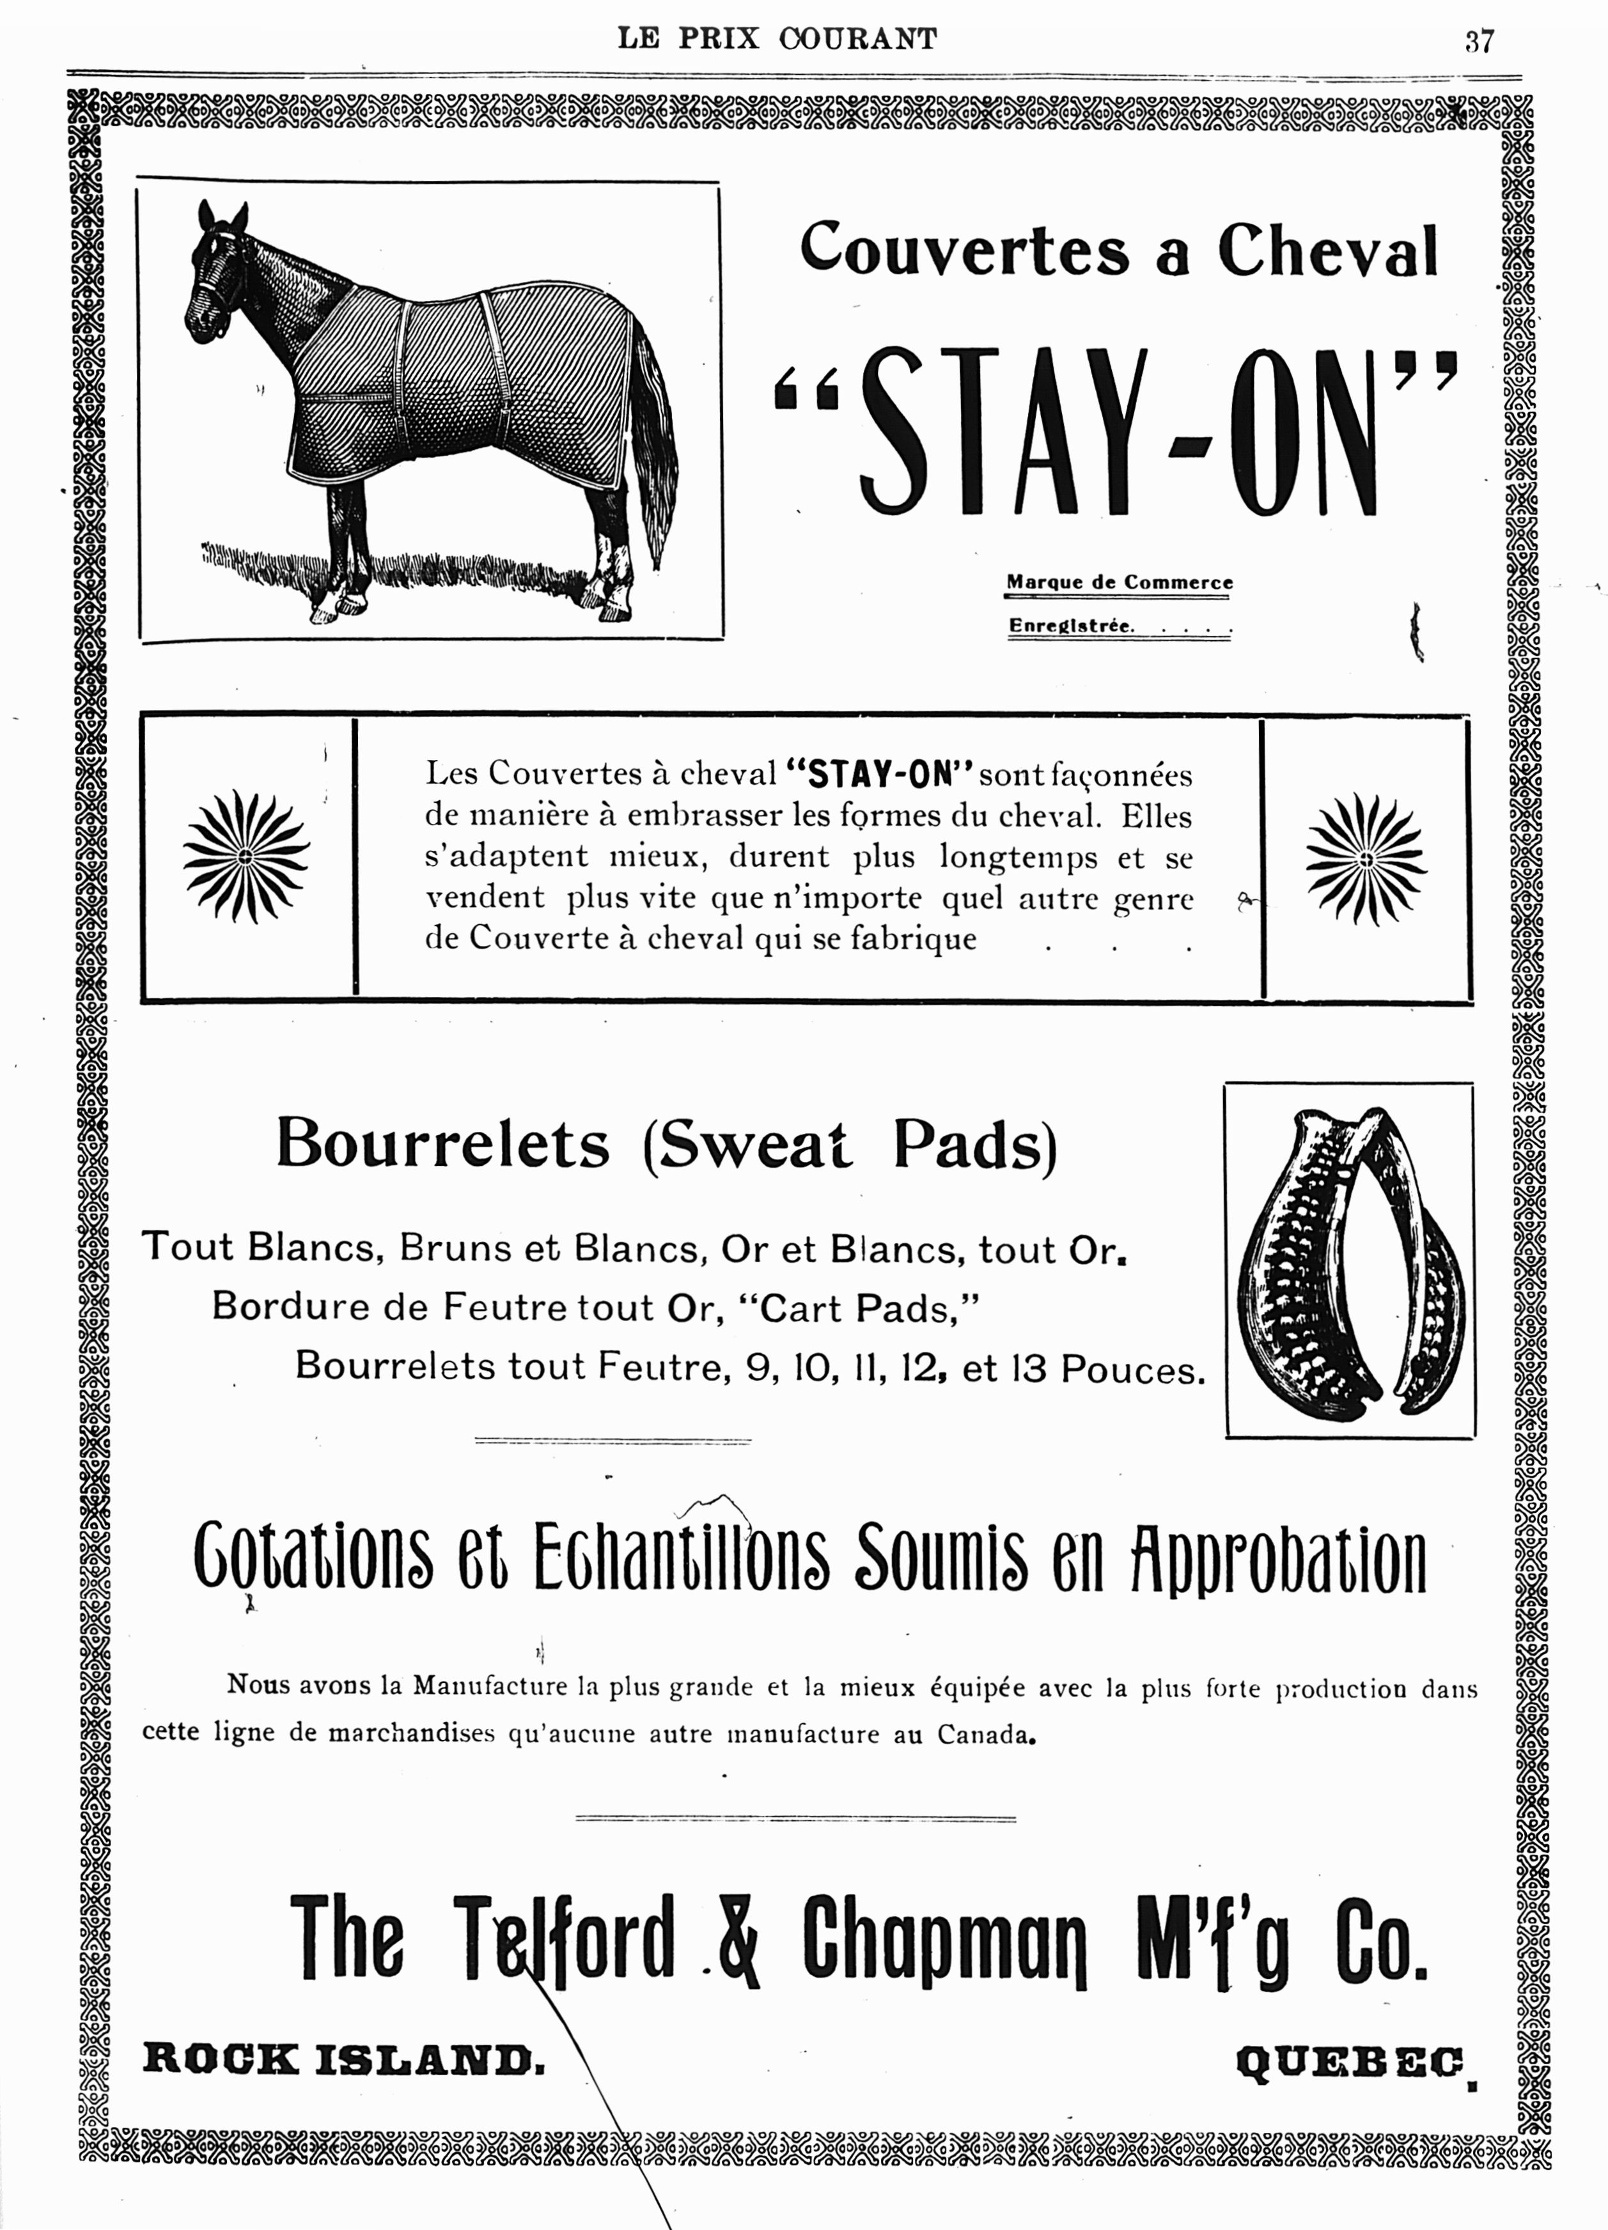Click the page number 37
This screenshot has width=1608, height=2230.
[x=1479, y=42]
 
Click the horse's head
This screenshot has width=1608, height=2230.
[x=216, y=275]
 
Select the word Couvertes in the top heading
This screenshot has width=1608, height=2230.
[x=964, y=249]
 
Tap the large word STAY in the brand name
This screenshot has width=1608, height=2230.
[x=1003, y=433]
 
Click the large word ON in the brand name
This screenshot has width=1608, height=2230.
[x=1308, y=433]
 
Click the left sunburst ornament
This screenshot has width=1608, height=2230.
[x=246, y=857]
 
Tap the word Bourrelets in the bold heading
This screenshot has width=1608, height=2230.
[x=442, y=1145]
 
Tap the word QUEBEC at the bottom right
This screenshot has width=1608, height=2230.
[x=1349, y=2061]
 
